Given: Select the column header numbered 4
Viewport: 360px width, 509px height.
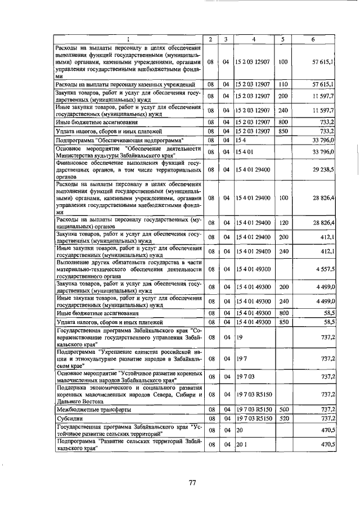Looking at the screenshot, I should point(254,39).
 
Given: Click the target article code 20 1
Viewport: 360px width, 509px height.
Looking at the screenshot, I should point(242,444).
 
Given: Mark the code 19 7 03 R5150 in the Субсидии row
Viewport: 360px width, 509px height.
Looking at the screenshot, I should point(254,418).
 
